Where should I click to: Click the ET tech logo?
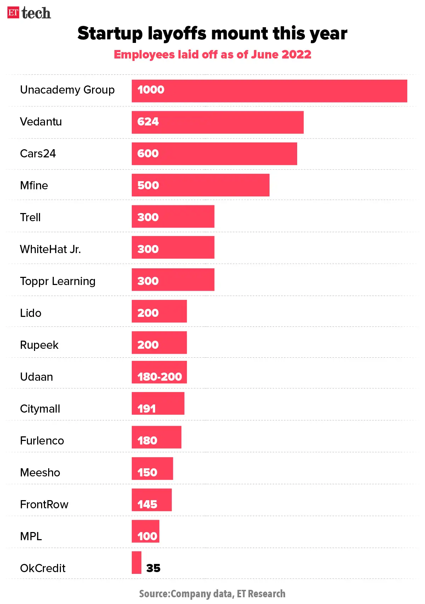[29, 13]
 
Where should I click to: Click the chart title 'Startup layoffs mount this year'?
[212, 33]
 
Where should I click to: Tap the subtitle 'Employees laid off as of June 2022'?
[212, 55]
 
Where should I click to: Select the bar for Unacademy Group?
[269, 91]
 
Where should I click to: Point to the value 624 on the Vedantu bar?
[148, 122]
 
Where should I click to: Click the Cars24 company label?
[38, 153]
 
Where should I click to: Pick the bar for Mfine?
[200, 185]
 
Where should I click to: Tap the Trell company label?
[30, 217]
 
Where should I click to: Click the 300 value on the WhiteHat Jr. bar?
[148, 249]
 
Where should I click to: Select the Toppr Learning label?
[58, 281]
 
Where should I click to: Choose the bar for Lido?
[159, 311]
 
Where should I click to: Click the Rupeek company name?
[39, 345]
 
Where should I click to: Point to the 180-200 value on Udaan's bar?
[160, 377]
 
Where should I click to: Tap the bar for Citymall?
[158, 403]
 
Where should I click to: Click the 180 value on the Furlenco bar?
[147, 441]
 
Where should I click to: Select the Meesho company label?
[40, 472]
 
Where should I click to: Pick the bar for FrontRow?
[152, 500]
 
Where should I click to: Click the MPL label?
[31, 536]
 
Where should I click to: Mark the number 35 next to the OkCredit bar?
[153, 568]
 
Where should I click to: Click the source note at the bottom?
[212, 594]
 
